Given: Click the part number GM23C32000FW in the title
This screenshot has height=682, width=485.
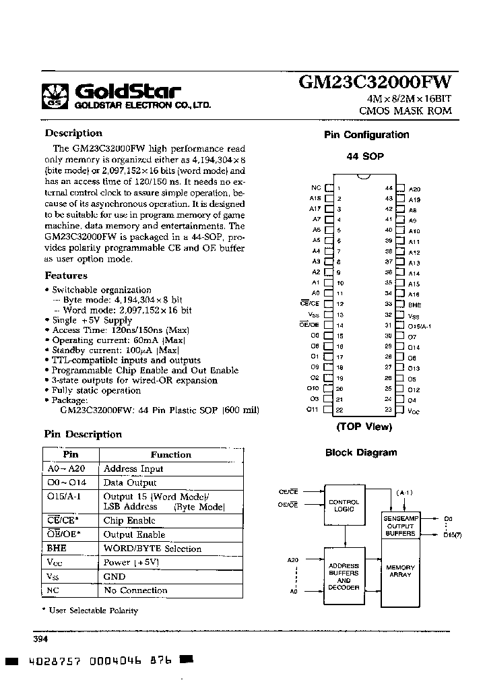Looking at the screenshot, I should pyautogui.click(x=375, y=82).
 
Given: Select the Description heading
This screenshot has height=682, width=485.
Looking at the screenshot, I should pyautogui.click(x=73, y=133).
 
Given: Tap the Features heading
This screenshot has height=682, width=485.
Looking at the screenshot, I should pyautogui.click(x=66, y=276).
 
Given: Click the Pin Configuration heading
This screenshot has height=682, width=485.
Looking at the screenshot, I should pyautogui.click(x=366, y=135).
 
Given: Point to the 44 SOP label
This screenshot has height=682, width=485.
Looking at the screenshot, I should pyautogui.click(x=365, y=156).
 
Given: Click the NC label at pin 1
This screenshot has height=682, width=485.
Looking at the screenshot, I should pyautogui.click(x=316, y=189).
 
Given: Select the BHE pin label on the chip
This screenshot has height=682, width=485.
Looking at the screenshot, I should pyautogui.click(x=415, y=305).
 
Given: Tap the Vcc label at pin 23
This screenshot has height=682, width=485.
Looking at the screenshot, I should pyautogui.click(x=414, y=410).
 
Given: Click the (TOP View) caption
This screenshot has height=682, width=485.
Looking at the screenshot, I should pyautogui.click(x=364, y=427).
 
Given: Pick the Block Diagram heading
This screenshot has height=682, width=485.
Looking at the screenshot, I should pyautogui.click(x=361, y=453).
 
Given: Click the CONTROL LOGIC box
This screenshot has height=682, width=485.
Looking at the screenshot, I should pyautogui.click(x=344, y=506).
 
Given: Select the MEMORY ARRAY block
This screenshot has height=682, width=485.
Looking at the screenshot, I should pyautogui.click(x=400, y=571).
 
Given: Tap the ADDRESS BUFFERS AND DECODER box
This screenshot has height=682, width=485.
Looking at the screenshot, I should pyautogui.click(x=344, y=576).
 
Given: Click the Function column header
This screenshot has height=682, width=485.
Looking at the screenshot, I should pyautogui.click(x=171, y=455).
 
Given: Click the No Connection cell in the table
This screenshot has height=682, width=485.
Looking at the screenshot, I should pyautogui.click(x=135, y=590).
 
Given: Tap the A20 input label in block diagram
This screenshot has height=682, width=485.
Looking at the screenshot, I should pyautogui.click(x=292, y=560).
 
